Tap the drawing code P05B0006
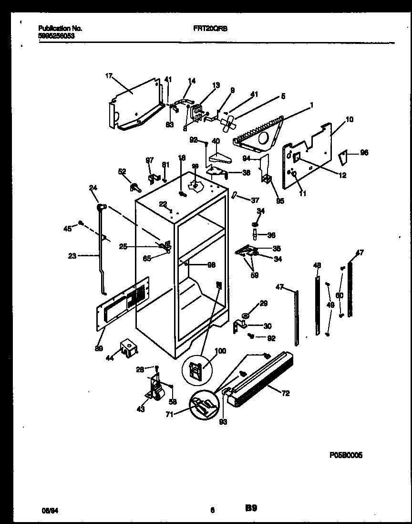346,455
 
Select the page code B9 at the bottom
251,509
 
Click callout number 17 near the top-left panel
109,75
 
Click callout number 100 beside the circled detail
220,351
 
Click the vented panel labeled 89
122,305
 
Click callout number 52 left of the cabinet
122,171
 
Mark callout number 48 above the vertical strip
317,265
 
